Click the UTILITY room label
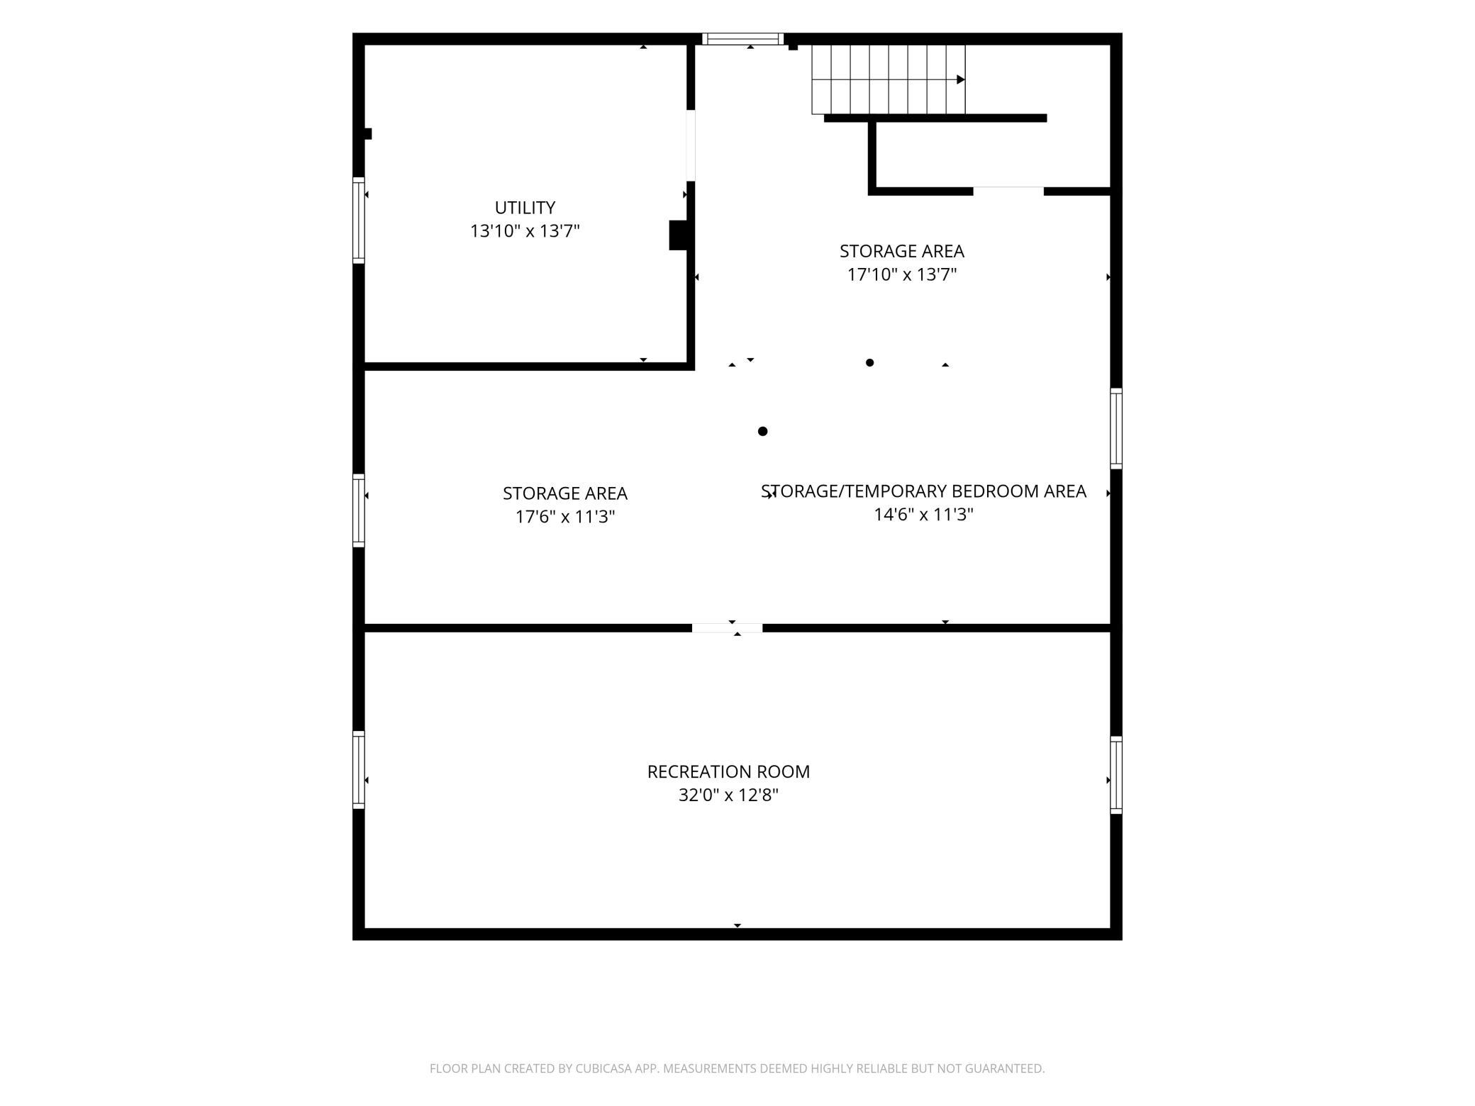click(x=525, y=208)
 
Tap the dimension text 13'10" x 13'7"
click(x=525, y=231)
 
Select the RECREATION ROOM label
click(x=728, y=771)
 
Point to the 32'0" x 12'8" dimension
click(x=728, y=795)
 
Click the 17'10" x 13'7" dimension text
click(x=902, y=274)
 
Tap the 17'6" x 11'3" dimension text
click(x=565, y=517)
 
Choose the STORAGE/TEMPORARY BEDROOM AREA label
click(x=923, y=491)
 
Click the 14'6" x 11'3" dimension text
click(x=923, y=515)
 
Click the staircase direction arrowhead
click(x=961, y=79)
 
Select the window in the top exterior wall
click(x=742, y=39)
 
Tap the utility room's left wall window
click(x=359, y=220)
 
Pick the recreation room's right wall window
click(x=1116, y=775)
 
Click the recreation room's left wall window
click(x=359, y=769)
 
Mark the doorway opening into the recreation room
click(x=727, y=628)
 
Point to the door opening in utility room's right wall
click(x=691, y=145)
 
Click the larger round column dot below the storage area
click(x=763, y=431)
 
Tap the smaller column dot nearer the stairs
click(x=870, y=363)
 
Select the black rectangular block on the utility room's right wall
click(x=678, y=235)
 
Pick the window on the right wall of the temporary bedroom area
click(x=1116, y=428)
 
